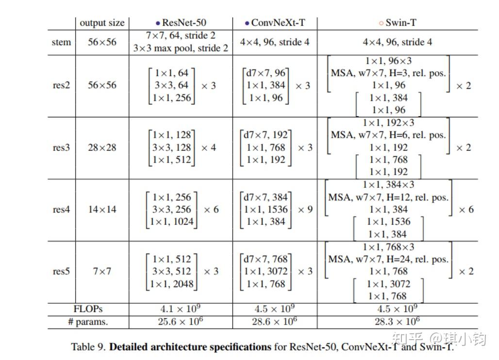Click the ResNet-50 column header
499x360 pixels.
click(181, 23)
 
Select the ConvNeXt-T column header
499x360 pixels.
click(275, 23)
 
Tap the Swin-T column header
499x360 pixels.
click(398, 23)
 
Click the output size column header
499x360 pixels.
click(102, 23)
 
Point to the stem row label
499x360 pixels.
click(62, 42)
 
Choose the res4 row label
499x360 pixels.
click(62, 210)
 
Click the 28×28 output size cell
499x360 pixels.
click(102, 147)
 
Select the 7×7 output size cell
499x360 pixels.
click(102, 271)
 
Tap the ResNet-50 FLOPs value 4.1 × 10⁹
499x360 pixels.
click(181, 309)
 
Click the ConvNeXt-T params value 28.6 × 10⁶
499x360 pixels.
click(275, 321)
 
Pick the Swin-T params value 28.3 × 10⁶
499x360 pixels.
click(397, 321)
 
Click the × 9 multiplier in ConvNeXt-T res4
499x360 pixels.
click(305, 210)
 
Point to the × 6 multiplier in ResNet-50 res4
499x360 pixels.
click(211, 210)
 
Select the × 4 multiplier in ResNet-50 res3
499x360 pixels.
click(209, 147)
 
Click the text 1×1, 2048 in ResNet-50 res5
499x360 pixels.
click(172, 284)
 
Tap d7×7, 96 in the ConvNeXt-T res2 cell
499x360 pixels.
click(266, 73)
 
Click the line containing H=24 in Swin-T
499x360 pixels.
click(388, 259)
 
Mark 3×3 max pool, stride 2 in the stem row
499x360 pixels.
click(181, 48)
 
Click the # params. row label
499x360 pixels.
click(88, 322)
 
